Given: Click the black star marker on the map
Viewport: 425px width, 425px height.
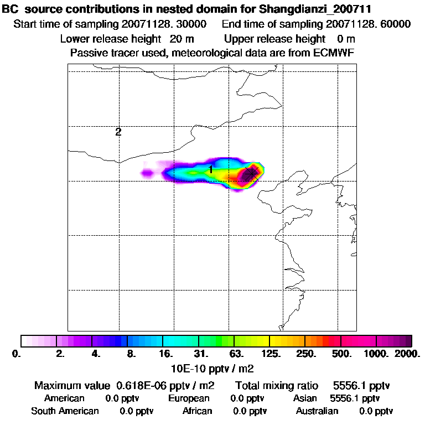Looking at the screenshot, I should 251,173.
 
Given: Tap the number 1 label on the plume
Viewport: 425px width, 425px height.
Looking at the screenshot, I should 211,169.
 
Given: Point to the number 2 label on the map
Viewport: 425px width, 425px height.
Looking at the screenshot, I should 118,132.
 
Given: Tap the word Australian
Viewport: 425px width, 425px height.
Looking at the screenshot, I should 317,411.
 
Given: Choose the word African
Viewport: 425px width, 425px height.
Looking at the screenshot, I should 197,411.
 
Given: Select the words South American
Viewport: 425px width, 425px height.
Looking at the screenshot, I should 65,411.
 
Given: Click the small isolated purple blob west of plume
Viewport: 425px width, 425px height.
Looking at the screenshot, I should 147,174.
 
